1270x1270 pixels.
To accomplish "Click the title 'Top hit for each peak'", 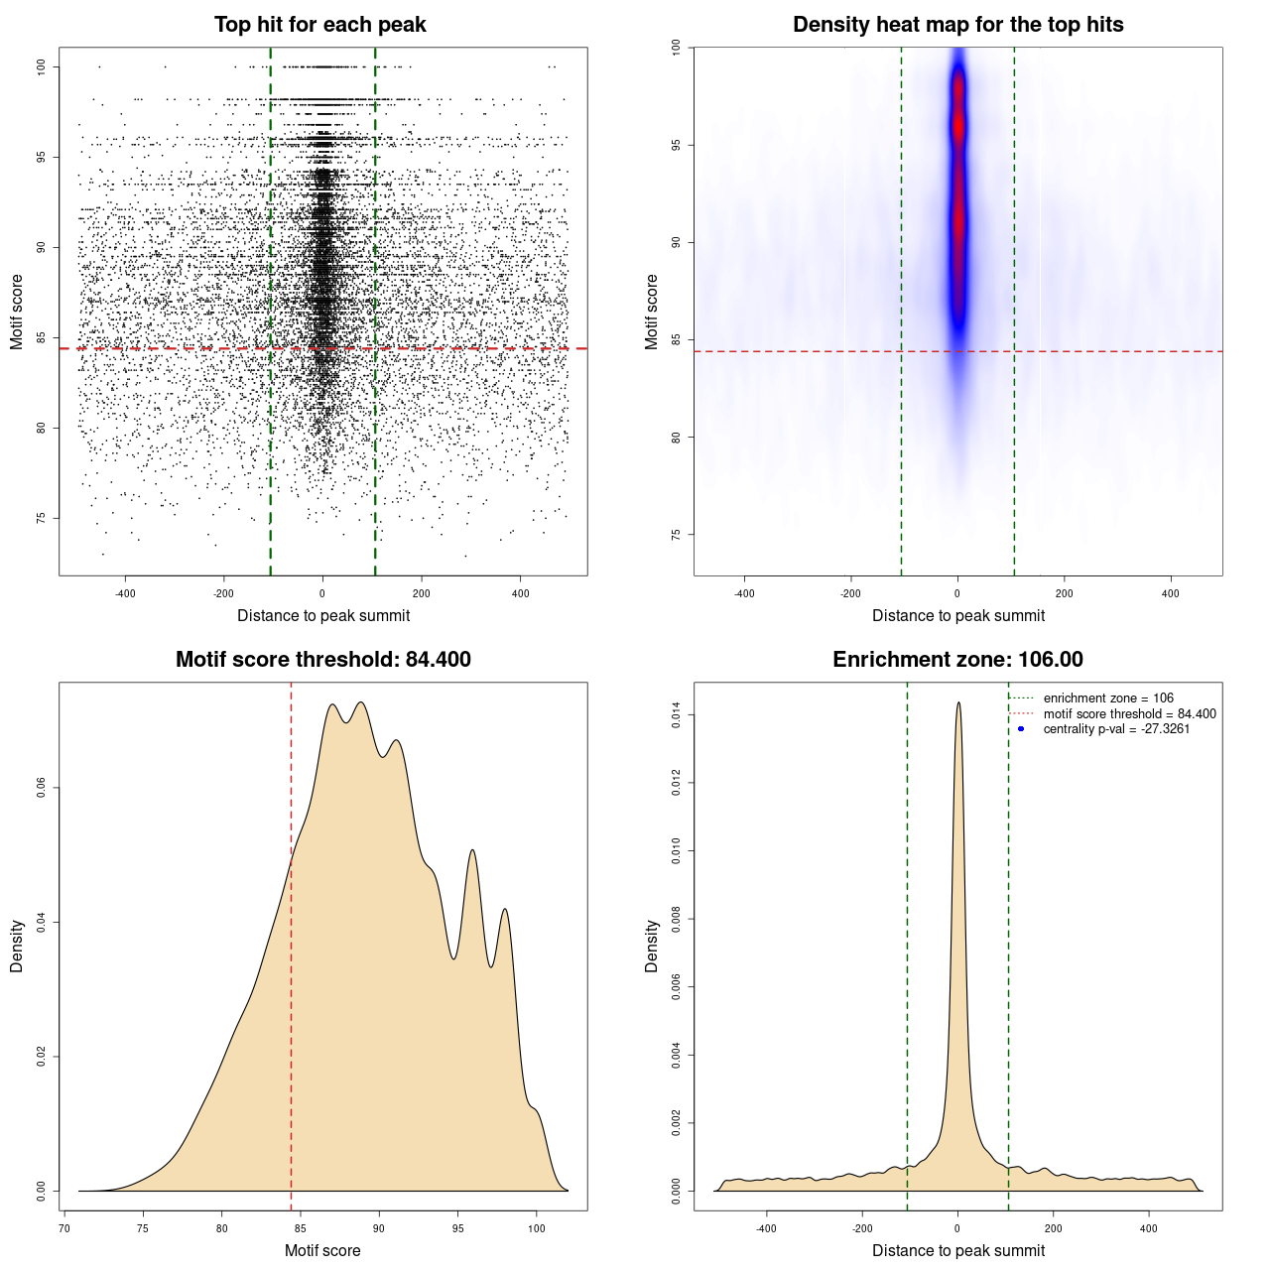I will (x=319, y=25).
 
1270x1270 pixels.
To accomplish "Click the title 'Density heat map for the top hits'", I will (x=957, y=25).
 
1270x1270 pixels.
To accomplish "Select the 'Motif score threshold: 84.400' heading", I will (x=322, y=660).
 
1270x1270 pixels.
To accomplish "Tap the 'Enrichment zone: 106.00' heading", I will (x=957, y=660).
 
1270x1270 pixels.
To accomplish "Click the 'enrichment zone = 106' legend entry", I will (x=1108, y=698).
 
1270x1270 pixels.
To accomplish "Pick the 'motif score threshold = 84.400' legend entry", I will (x=1129, y=714).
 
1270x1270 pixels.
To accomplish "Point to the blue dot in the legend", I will (x=1021, y=729).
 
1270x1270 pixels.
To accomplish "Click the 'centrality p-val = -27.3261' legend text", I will (x=1116, y=729).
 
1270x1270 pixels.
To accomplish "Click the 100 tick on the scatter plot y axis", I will (x=41, y=66).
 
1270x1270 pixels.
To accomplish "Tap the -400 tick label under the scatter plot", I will (x=125, y=594).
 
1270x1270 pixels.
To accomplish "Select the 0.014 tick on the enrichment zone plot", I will (x=676, y=715).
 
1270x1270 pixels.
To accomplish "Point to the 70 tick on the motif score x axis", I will (x=64, y=1228).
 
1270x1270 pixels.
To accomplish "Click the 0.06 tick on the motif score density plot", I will (x=41, y=788).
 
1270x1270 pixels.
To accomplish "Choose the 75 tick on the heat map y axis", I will (x=676, y=535).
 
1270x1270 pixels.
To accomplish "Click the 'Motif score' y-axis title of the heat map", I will (x=651, y=312).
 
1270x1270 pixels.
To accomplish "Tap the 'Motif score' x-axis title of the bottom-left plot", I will (x=322, y=1250).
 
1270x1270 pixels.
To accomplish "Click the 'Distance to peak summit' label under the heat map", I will (x=957, y=615).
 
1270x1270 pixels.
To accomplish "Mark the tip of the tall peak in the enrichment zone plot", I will (x=958, y=702).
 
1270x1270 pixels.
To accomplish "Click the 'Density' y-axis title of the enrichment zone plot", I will (x=651, y=946).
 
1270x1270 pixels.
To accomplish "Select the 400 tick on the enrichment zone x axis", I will (x=1148, y=1228).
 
